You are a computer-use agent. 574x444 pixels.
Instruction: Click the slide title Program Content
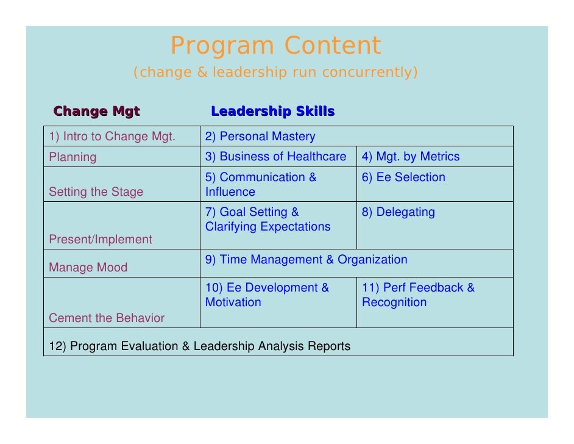pos(275,46)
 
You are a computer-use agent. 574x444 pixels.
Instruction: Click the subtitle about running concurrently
pos(275,73)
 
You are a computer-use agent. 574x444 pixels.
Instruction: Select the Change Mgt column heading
pos(97,112)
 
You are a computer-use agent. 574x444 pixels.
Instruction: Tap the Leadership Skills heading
pos(272,112)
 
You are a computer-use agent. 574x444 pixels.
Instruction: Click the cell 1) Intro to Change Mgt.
pos(112,137)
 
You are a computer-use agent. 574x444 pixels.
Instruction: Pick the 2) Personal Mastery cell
pos(260,137)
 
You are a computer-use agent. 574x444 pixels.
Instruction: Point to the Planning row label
pos(73,157)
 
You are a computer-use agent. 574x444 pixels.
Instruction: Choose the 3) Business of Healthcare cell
pos(275,157)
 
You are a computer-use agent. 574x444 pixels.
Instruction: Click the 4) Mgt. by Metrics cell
pos(411,157)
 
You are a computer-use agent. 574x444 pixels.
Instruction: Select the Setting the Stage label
pos(96,192)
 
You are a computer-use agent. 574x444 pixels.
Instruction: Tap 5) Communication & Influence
pos(261,184)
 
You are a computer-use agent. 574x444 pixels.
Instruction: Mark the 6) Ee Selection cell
pos(403,177)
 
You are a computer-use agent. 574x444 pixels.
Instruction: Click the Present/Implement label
pos(101,240)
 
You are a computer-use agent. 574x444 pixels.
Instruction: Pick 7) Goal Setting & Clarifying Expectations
pos(268,220)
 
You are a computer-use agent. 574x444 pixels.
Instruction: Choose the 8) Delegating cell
pos(399,212)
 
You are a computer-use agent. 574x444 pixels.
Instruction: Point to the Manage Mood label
pos(88,268)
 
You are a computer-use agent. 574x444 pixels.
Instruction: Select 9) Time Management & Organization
pos(306,260)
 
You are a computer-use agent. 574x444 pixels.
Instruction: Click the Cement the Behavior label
pos(107,318)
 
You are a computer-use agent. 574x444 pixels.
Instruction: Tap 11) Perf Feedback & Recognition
pos(418,295)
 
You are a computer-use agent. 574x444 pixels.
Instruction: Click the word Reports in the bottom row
pos(330,346)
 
